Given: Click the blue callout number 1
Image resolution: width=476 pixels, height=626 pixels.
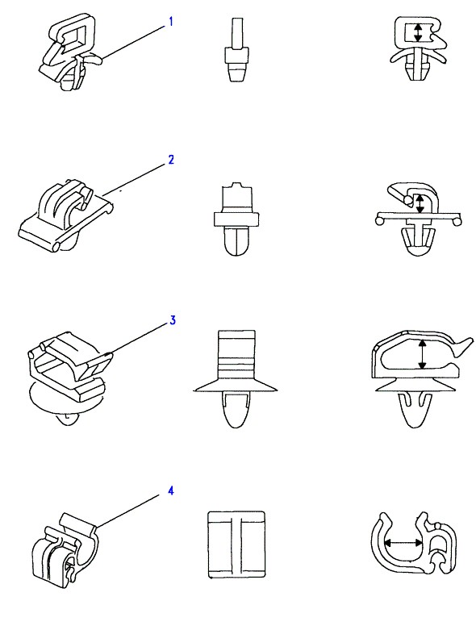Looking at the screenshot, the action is (x=171, y=22).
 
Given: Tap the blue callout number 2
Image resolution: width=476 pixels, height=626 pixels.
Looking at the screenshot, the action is (x=171, y=160).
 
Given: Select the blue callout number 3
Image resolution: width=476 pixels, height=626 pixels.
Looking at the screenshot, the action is (x=172, y=320).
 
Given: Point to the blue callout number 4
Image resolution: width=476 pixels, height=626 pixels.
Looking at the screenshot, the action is (x=171, y=490).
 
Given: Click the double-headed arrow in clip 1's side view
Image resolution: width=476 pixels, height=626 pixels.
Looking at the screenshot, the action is (x=418, y=32).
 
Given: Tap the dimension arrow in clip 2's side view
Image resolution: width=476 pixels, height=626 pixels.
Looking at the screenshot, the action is (x=420, y=203).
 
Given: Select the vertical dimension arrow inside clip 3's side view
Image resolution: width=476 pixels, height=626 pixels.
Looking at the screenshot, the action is (x=422, y=354).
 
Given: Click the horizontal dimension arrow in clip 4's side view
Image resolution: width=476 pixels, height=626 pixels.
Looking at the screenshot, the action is (x=403, y=543).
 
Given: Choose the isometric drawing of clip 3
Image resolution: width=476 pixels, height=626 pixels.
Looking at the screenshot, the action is (x=69, y=378).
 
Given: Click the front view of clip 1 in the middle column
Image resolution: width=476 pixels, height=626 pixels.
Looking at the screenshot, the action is (x=237, y=50).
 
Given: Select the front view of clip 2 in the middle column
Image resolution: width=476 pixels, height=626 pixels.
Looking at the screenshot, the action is (x=236, y=219).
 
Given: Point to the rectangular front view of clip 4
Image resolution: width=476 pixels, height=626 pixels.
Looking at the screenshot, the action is (x=236, y=545).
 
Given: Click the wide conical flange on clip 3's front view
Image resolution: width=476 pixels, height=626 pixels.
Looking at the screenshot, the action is (x=236, y=386).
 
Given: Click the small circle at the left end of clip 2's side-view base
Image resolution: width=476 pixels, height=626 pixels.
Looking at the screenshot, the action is (x=379, y=219).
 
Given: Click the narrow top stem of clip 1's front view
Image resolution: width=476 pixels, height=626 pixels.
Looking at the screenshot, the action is (x=237, y=32).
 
